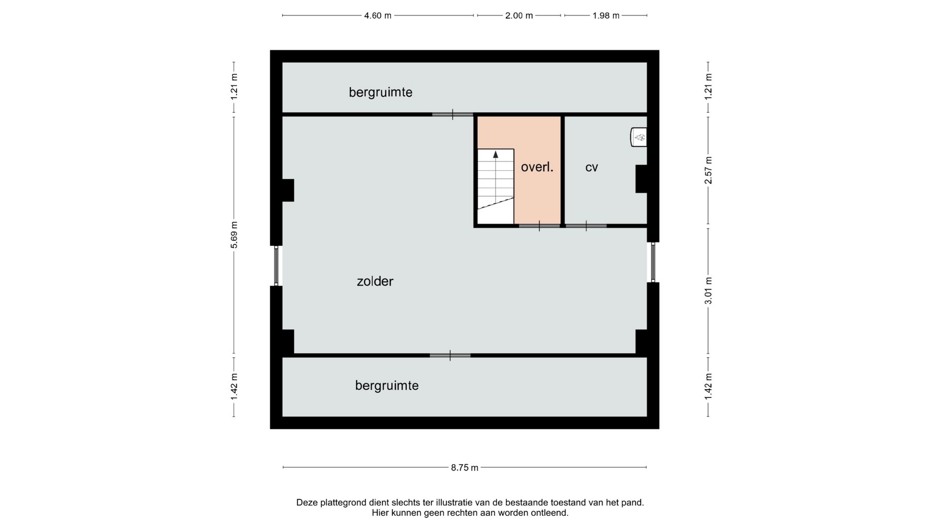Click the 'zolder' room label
(375, 281)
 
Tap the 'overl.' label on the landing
(537, 167)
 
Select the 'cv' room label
(592, 167)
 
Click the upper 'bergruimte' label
(380, 92)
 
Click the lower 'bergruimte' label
(387, 386)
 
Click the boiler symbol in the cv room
(638, 137)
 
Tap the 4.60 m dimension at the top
(378, 16)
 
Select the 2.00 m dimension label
(519, 16)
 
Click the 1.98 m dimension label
(606, 16)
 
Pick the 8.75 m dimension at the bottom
(465, 468)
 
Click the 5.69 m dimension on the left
(234, 235)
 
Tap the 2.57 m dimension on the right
(708, 170)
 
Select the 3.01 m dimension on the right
(708, 291)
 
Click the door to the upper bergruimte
(452, 114)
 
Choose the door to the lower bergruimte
(450, 355)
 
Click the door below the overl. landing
(539, 226)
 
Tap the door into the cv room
(586, 226)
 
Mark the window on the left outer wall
(276, 265)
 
